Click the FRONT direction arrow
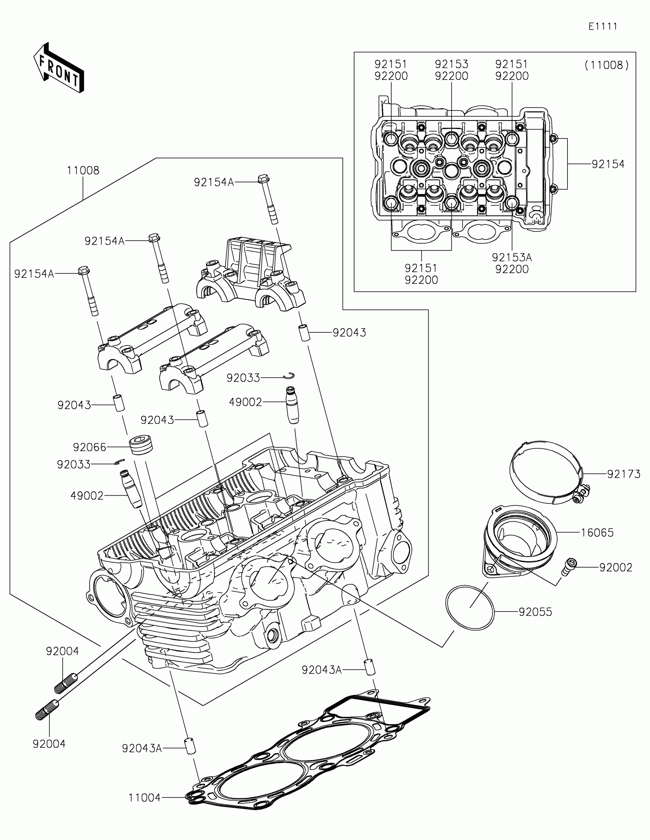pyautogui.click(x=59, y=68)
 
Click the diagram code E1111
pyautogui.click(x=603, y=26)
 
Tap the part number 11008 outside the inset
pyautogui.click(x=83, y=170)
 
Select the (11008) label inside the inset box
pyautogui.click(x=606, y=65)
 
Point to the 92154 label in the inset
pyautogui.click(x=608, y=164)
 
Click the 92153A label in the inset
pyautogui.click(x=512, y=257)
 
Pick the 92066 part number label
pyautogui.click(x=89, y=447)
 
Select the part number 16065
pyautogui.click(x=597, y=533)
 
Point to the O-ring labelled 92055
pyautogui.click(x=470, y=608)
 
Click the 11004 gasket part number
pyautogui.click(x=144, y=798)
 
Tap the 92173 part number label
pyautogui.click(x=624, y=474)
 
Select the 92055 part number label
pyautogui.click(x=535, y=612)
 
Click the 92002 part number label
pyautogui.click(x=616, y=567)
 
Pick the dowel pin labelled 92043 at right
pyautogui.click(x=304, y=332)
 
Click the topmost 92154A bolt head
pyautogui.click(x=263, y=179)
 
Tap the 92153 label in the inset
pyautogui.click(x=451, y=64)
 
